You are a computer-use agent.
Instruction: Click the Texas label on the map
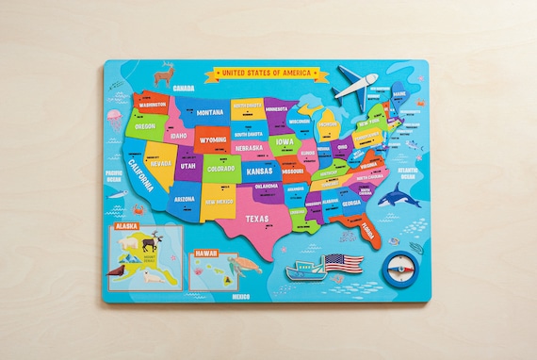(x=257, y=219)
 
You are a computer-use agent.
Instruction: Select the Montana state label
(x=209, y=112)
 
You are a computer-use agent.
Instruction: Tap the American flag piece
(x=343, y=263)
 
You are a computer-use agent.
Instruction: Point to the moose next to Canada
(x=166, y=73)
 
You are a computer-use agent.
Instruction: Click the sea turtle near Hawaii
(x=247, y=265)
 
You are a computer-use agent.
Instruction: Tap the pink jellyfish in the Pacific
(x=114, y=119)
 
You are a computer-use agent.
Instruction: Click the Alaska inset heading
(x=127, y=227)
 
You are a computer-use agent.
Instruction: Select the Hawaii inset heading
(x=206, y=253)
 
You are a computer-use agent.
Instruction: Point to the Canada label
(x=184, y=88)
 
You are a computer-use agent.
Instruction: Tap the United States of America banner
(x=267, y=73)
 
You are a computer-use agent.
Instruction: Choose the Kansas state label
(x=260, y=172)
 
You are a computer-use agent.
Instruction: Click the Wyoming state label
(x=213, y=140)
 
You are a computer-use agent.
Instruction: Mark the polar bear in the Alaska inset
(x=151, y=277)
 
